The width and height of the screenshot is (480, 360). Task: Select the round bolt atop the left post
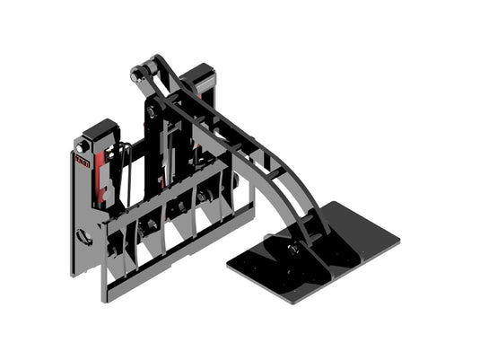point(83,145)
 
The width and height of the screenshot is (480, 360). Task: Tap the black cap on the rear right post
point(201,74)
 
